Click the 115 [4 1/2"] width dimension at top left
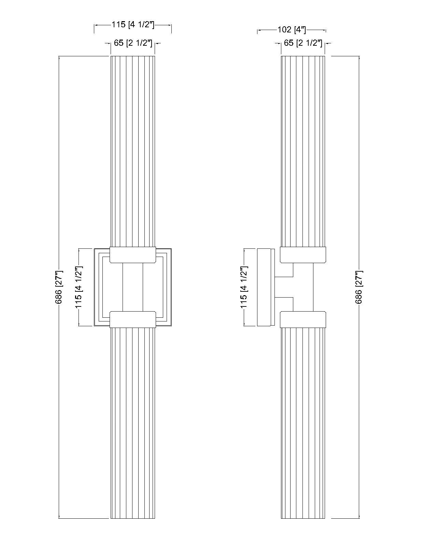133,25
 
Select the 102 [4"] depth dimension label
291,30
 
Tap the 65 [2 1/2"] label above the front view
132,43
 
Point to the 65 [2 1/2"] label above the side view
303,43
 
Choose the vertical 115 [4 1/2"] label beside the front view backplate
79,287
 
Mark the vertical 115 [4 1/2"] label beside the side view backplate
244,287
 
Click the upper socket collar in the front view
133,255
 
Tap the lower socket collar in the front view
133,319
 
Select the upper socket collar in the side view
303,255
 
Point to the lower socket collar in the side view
303,319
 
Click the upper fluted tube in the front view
133,150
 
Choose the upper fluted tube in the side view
303,150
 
